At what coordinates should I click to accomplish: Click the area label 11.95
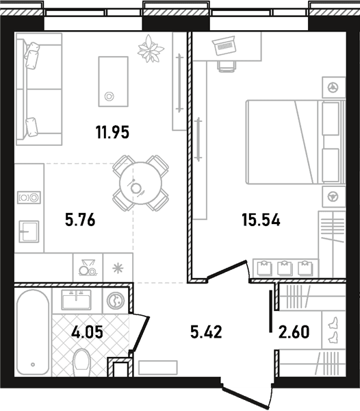112,132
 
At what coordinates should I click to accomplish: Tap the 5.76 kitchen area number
80,220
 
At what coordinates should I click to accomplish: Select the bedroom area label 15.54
261,220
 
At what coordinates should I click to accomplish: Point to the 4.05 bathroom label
87,332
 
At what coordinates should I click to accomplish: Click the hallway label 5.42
206,332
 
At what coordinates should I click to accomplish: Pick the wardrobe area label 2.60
294,332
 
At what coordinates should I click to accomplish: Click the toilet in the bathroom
81,362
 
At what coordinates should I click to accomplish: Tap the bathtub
33,332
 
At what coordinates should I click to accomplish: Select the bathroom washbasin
76,299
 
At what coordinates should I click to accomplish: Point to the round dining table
140,184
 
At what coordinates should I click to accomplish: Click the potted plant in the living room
151,49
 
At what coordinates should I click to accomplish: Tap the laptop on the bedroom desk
224,46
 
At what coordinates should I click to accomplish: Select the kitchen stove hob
29,198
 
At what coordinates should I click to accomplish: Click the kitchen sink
29,232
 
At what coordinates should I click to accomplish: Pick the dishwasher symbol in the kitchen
88,268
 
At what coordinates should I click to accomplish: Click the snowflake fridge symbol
118,268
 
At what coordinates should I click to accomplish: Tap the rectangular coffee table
114,82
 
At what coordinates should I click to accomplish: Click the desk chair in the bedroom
226,66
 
